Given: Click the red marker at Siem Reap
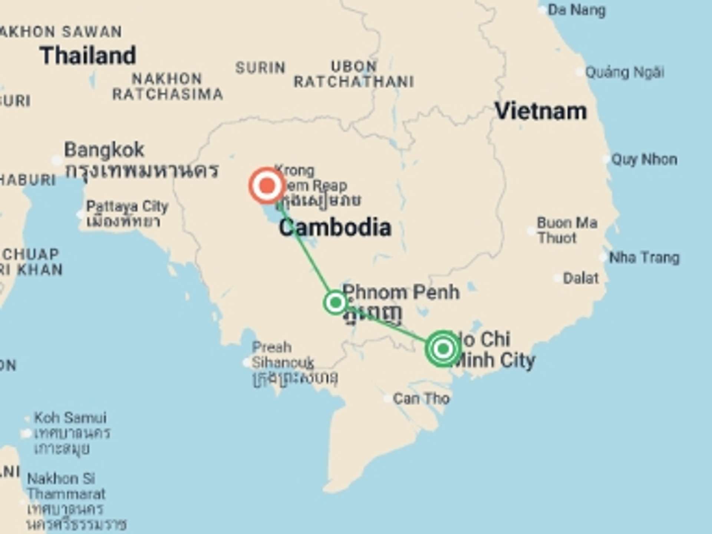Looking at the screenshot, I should click(267, 185).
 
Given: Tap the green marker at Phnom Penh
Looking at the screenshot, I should click(336, 303).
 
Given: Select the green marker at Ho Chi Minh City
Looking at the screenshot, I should click(443, 349).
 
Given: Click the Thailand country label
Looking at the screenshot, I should click(88, 56).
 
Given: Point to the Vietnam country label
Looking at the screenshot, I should click(541, 111).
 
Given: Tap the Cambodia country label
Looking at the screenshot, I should click(335, 227).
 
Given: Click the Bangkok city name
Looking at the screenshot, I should click(104, 150).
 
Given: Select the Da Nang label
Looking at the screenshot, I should click(576, 10).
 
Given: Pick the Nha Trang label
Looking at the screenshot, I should click(644, 257).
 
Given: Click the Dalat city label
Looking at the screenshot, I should click(581, 278).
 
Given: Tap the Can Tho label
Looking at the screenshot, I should click(421, 399).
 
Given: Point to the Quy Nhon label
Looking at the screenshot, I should click(644, 159).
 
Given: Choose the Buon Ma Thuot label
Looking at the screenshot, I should click(567, 230).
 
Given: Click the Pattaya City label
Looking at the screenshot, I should click(127, 207).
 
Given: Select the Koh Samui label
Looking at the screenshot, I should click(70, 418).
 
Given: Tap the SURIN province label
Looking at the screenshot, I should click(260, 68).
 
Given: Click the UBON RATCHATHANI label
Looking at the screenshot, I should click(354, 74).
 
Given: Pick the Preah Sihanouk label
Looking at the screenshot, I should click(283, 355).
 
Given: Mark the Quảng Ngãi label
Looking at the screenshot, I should click(624, 72).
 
